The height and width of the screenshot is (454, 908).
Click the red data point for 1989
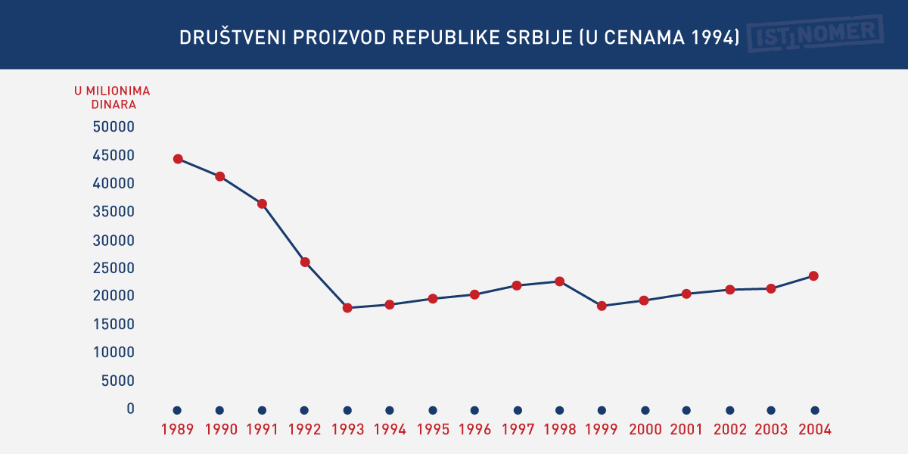(178, 159)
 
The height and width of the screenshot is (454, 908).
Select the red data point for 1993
(347, 308)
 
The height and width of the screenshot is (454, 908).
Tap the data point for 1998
(560, 281)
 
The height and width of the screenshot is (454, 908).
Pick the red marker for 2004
(814, 276)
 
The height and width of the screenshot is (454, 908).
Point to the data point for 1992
(305, 263)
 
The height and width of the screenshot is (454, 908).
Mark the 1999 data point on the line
(602, 306)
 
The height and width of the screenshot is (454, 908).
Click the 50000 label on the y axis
(113, 127)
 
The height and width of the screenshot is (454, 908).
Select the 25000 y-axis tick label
(113, 268)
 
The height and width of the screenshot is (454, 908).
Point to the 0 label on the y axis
(130, 409)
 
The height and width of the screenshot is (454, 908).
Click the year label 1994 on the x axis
(390, 430)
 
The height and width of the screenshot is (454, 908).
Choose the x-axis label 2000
(645, 430)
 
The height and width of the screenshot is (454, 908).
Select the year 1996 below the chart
(474, 430)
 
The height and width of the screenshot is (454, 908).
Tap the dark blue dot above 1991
(262, 410)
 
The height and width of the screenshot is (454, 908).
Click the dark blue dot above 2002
(729, 410)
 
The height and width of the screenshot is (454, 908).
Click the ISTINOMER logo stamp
(815, 34)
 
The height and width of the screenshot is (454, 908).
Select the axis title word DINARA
(113, 105)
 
